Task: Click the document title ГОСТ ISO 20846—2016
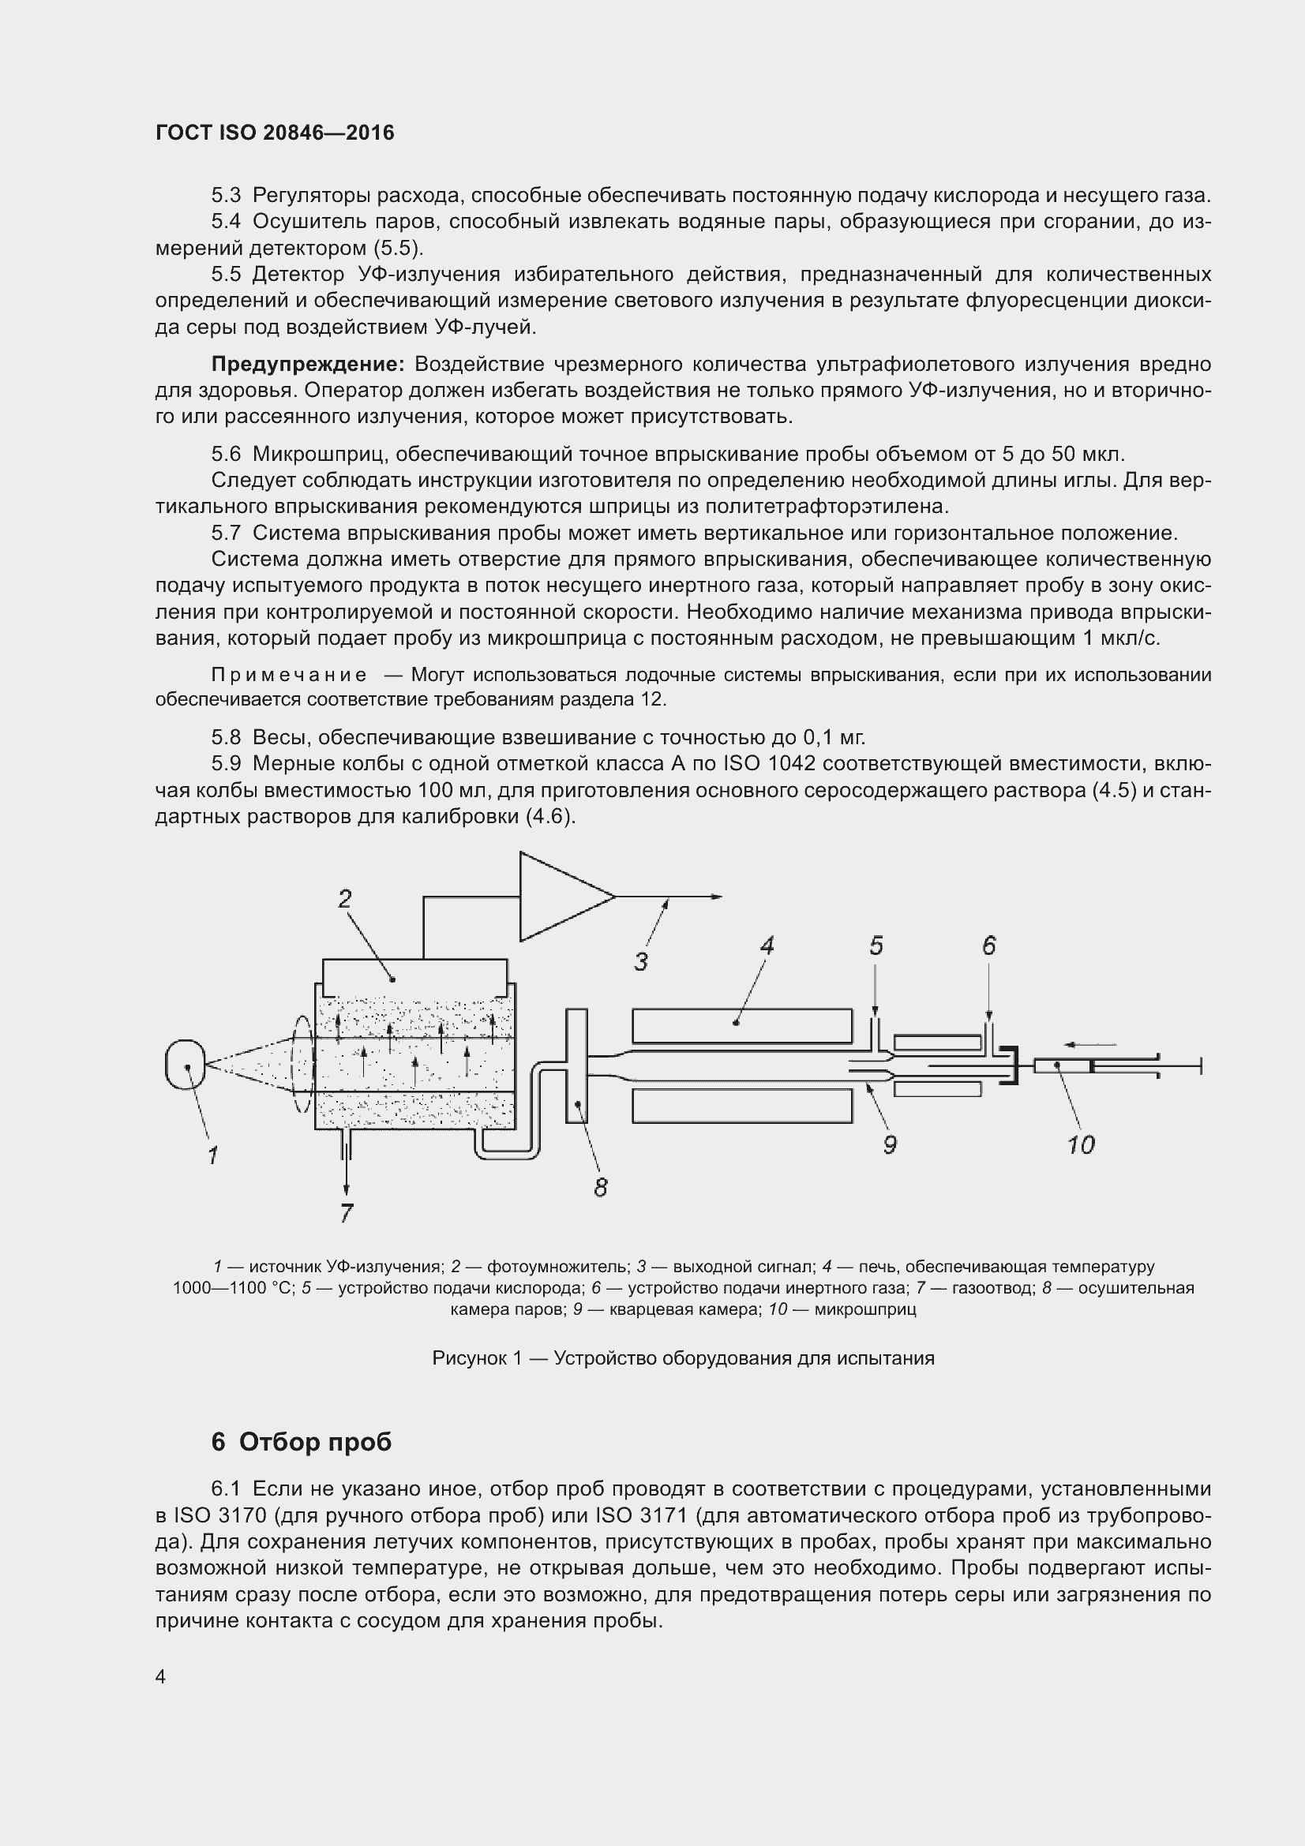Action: click(x=275, y=133)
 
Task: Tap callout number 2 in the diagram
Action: click(x=345, y=899)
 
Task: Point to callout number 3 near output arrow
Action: click(x=641, y=961)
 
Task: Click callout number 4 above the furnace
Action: click(x=767, y=946)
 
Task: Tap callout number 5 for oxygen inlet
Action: click(x=876, y=946)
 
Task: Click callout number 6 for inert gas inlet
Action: click(x=989, y=946)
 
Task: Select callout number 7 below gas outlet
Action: click(x=347, y=1212)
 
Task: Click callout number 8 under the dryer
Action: click(x=601, y=1188)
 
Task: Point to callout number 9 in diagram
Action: click(x=889, y=1145)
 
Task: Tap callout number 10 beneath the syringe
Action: click(x=1081, y=1145)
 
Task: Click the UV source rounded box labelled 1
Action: click(x=186, y=1065)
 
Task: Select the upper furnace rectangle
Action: click(x=741, y=1025)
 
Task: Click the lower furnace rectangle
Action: click(x=741, y=1106)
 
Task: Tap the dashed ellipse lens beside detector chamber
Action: click(x=302, y=1065)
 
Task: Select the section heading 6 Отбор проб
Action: click(x=301, y=1442)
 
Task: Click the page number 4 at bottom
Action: click(x=161, y=1676)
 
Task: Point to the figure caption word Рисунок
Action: click(x=465, y=1358)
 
